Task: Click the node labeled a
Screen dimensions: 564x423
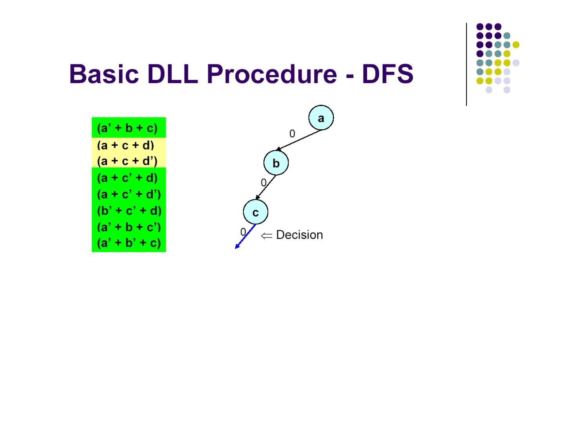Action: click(321, 117)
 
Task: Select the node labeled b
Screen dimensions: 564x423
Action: click(276, 163)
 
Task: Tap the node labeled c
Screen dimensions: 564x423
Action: click(255, 212)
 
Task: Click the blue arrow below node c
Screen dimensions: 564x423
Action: click(245, 237)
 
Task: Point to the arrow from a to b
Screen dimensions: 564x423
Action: click(298, 140)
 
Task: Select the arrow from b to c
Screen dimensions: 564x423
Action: click(266, 187)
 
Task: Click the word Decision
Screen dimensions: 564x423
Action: click(299, 235)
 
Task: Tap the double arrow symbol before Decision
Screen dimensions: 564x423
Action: click(266, 235)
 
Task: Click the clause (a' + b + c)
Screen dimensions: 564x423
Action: click(127, 128)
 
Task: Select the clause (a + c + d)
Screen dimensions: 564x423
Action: click(126, 145)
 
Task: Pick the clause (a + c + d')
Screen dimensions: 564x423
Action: click(127, 161)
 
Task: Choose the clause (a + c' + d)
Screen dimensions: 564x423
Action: click(127, 178)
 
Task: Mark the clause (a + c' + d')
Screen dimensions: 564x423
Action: click(129, 194)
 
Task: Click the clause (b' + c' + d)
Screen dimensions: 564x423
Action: click(129, 211)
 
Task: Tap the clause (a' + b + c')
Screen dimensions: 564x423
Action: click(129, 227)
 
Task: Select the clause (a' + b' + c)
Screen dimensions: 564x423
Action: click(129, 243)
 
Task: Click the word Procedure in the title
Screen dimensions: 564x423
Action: click(271, 74)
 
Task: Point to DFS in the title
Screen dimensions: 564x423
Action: click(387, 74)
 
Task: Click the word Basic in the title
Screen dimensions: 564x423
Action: click(104, 74)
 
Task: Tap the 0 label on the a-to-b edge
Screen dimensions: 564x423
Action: click(292, 134)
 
